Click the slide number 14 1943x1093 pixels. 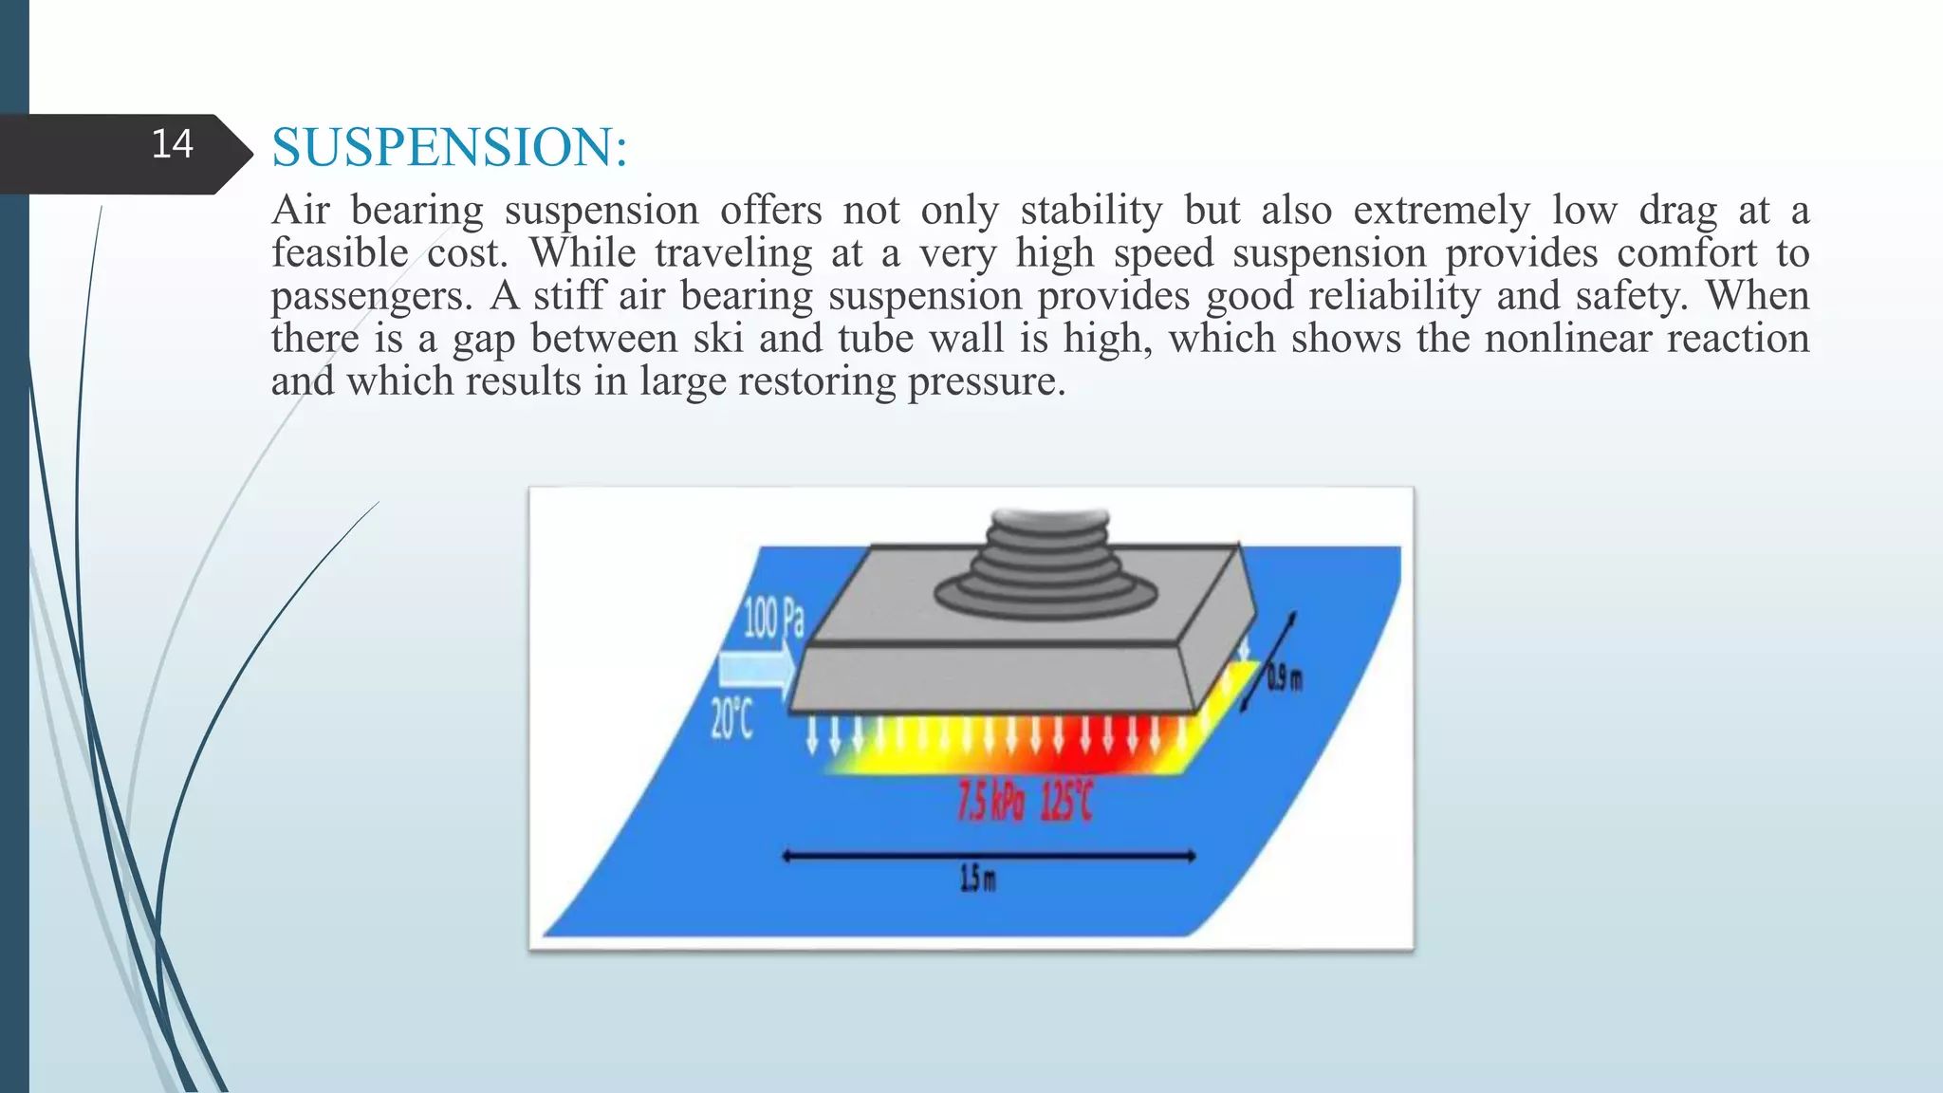point(172,144)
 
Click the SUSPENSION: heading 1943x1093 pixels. point(449,148)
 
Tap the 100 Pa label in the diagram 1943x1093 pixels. point(773,619)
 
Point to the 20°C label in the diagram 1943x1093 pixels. point(731,719)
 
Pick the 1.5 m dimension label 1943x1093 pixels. point(978,880)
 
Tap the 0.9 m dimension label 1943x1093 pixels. point(1286,679)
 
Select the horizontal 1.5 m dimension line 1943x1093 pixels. point(988,856)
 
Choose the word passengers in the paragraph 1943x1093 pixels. point(371,297)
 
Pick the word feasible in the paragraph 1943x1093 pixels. point(339,253)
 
